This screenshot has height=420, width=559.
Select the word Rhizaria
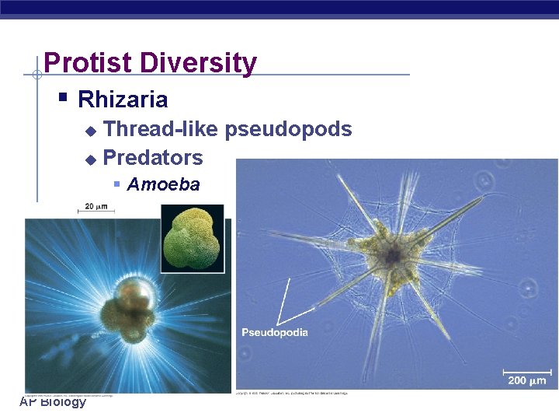(x=123, y=100)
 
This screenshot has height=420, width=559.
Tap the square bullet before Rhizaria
(x=64, y=98)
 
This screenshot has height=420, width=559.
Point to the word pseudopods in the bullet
(x=288, y=129)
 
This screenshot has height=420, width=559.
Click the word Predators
(x=153, y=158)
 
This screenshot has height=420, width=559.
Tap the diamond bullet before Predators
(x=90, y=159)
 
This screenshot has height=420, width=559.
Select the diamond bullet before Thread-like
(x=90, y=130)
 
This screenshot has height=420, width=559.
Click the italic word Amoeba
(x=163, y=185)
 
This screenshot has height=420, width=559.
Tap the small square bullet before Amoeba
(x=116, y=184)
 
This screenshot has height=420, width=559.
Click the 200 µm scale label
(x=527, y=380)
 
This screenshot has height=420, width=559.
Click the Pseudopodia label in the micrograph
(x=275, y=333)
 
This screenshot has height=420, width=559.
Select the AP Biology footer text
(x=53, y=401)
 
